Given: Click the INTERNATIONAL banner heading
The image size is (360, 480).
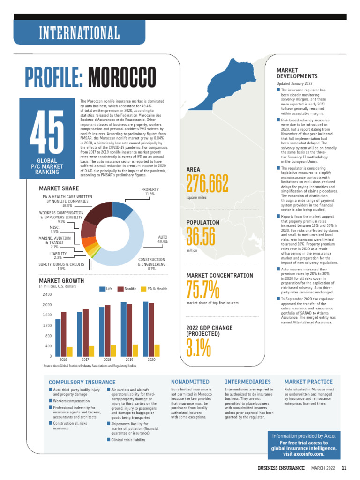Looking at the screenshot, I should pyautogui.click(x=79, y=33).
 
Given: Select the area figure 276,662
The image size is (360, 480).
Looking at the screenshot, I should pyautogui.click(x=207, y=184).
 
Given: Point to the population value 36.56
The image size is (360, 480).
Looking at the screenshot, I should pyautogui.click(x=201, y=236).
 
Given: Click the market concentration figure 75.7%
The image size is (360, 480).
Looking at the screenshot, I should pyautogui.click(x=202, y=290).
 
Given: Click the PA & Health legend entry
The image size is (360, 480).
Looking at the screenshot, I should pyautogui.click(x=154, y=289).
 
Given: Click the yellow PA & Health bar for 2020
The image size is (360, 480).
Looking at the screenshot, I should pyautogui.click(x=157, y=351).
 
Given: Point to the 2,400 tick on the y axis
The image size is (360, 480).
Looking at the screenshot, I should pyautogui.click(x=47, y=295).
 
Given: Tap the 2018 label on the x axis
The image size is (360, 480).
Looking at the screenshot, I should pyautogui.click(x=107, y=360).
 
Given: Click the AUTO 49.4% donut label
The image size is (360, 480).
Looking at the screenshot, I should pyautogui.click(x=163, y=240).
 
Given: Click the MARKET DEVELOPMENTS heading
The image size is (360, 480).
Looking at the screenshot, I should pyautogui.click(x=297, y=73).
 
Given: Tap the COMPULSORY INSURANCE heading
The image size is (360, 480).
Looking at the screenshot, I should pyautogui.click(x=82, y=382).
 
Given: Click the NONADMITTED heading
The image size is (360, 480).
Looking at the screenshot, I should pyautogui.click(x=190, y=382).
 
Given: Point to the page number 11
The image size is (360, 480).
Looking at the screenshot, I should pyautogui.click(x=344, y=468).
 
